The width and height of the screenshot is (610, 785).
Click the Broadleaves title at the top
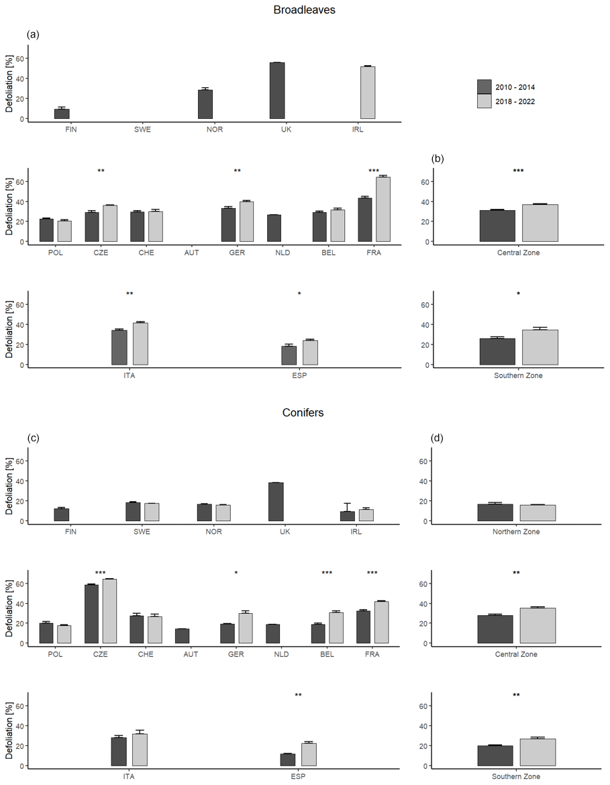(304, 10)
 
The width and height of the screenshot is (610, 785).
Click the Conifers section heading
(303, 412)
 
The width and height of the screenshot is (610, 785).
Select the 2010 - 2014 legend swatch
(484, 87)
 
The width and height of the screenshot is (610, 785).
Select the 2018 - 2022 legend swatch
(484, 101)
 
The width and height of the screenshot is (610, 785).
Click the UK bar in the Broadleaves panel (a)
(277, 91)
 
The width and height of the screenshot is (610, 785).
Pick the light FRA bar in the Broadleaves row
(383, 209)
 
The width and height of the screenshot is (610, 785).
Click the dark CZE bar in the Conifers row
(91, 614)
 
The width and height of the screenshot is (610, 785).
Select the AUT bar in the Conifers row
(181, 636)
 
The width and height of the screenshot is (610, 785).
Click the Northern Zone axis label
(517, 532)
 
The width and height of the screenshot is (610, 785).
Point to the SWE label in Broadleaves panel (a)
(142, 130)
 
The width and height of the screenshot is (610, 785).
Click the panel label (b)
(439, 159)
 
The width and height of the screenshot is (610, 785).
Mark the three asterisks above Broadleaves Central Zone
(518, 171)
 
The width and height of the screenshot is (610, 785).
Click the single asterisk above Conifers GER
(236, 573)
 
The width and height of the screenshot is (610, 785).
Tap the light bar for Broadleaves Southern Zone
(540, 347)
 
